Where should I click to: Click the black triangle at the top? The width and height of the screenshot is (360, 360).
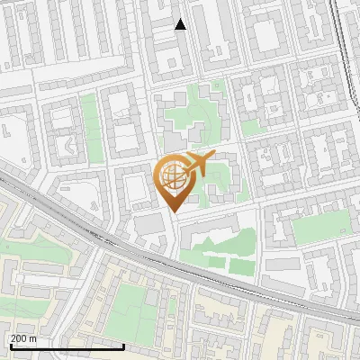180,24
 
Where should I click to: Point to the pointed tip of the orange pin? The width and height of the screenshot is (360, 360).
173,211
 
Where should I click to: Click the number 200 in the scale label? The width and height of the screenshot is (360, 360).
18,338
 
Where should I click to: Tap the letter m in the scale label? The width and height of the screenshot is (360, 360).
32,338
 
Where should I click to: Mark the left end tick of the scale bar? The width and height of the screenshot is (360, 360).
11,346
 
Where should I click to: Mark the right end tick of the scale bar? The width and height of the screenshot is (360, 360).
123,346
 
